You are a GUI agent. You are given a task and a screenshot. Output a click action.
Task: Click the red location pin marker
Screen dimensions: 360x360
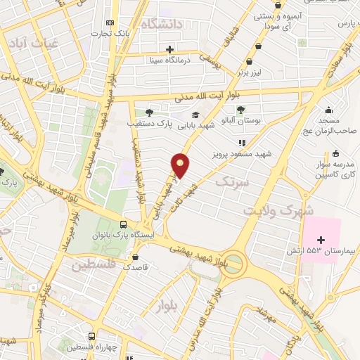tap(181, 165)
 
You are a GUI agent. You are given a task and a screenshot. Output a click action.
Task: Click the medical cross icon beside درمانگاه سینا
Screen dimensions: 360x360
tap(169, 49)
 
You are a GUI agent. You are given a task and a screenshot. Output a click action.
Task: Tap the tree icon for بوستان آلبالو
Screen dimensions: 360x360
tap(241, 109)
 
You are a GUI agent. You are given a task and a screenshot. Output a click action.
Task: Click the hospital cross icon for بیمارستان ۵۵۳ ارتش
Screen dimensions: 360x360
tap(321, 240)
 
